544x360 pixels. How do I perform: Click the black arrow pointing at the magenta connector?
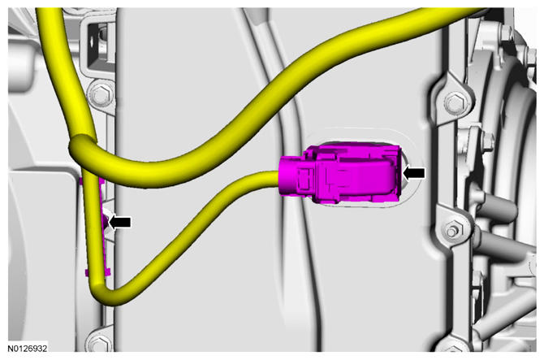pos(414,173)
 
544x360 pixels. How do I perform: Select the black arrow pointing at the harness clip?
pos(120,222)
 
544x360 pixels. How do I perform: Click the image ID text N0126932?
pos(28,348)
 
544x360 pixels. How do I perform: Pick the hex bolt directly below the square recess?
pos(101,93)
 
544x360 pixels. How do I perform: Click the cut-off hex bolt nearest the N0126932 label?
pos(98,341)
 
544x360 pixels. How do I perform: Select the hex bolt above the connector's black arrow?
pos(455,102)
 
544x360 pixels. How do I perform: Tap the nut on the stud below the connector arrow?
pos(451,231)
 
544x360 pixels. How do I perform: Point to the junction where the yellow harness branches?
pos(83,150)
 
